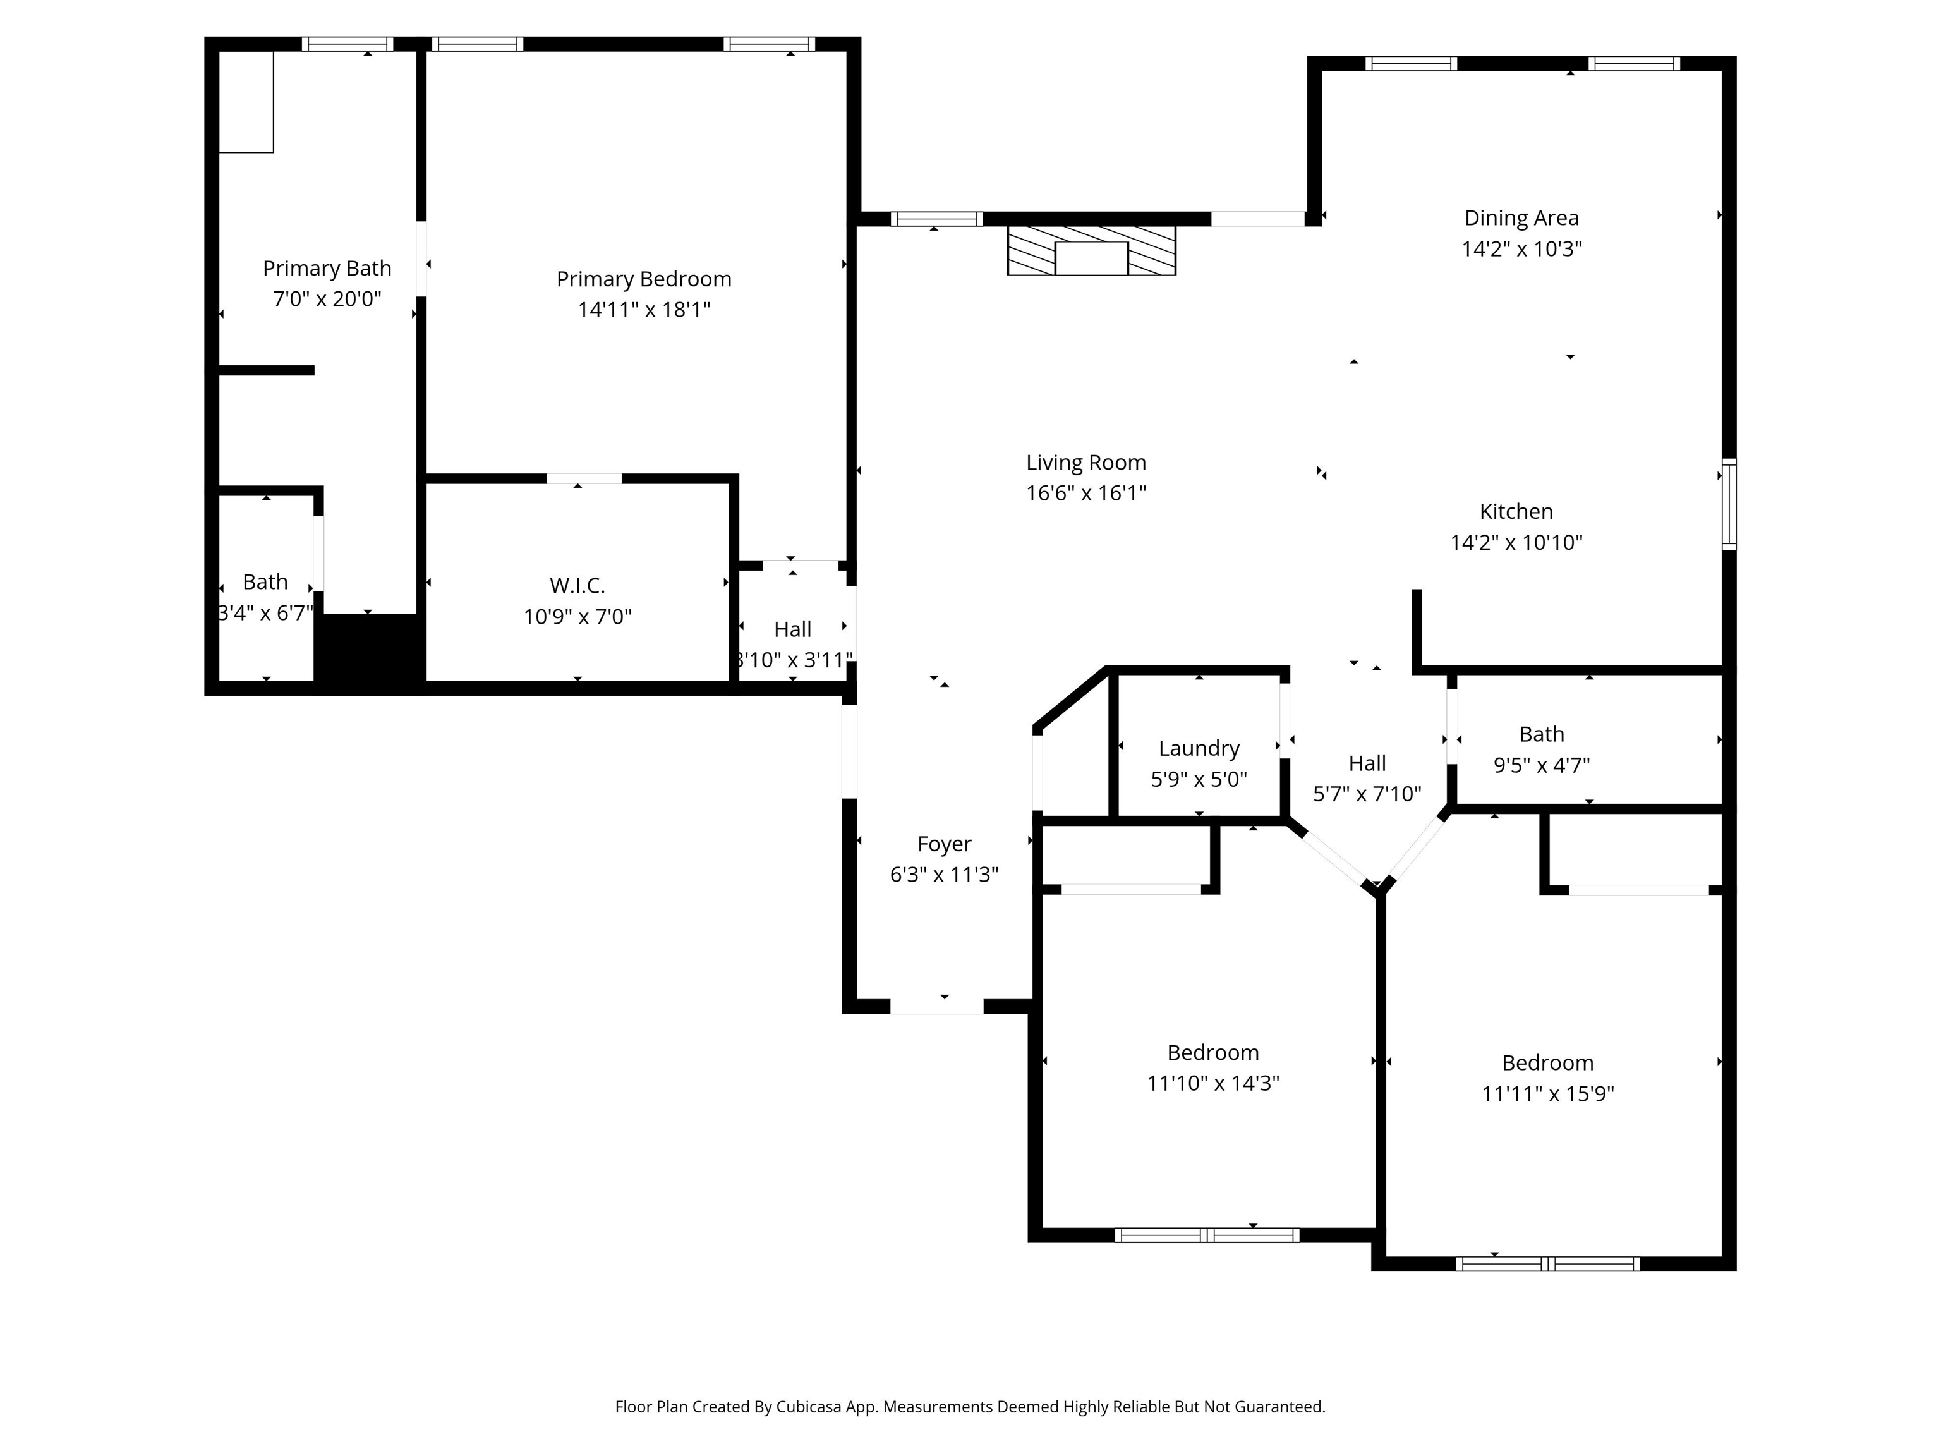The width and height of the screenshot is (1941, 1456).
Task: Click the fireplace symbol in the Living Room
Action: tap(1091, 251)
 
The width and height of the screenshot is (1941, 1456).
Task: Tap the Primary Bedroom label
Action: tap(643, 279)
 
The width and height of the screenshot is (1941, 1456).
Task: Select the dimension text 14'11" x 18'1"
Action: tap(643, 310)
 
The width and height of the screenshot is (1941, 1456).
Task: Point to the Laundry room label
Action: tap(1199, 749)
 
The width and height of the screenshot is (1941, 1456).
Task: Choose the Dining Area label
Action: tap(1521, 217)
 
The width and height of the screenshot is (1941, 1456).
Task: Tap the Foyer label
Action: tap(944, 844)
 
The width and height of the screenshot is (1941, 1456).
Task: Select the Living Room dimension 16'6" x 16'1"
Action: tap(1085, 493)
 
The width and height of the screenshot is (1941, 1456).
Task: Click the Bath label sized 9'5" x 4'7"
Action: tap(1541, 734)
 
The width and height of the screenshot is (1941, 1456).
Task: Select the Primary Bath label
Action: tap(327, 269)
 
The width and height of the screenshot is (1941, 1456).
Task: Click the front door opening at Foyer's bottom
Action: tap(936, 1007)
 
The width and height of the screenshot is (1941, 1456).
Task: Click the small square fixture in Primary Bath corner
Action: tap(246, 102)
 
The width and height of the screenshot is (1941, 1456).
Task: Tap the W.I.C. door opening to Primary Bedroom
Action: tap(584, 478)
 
